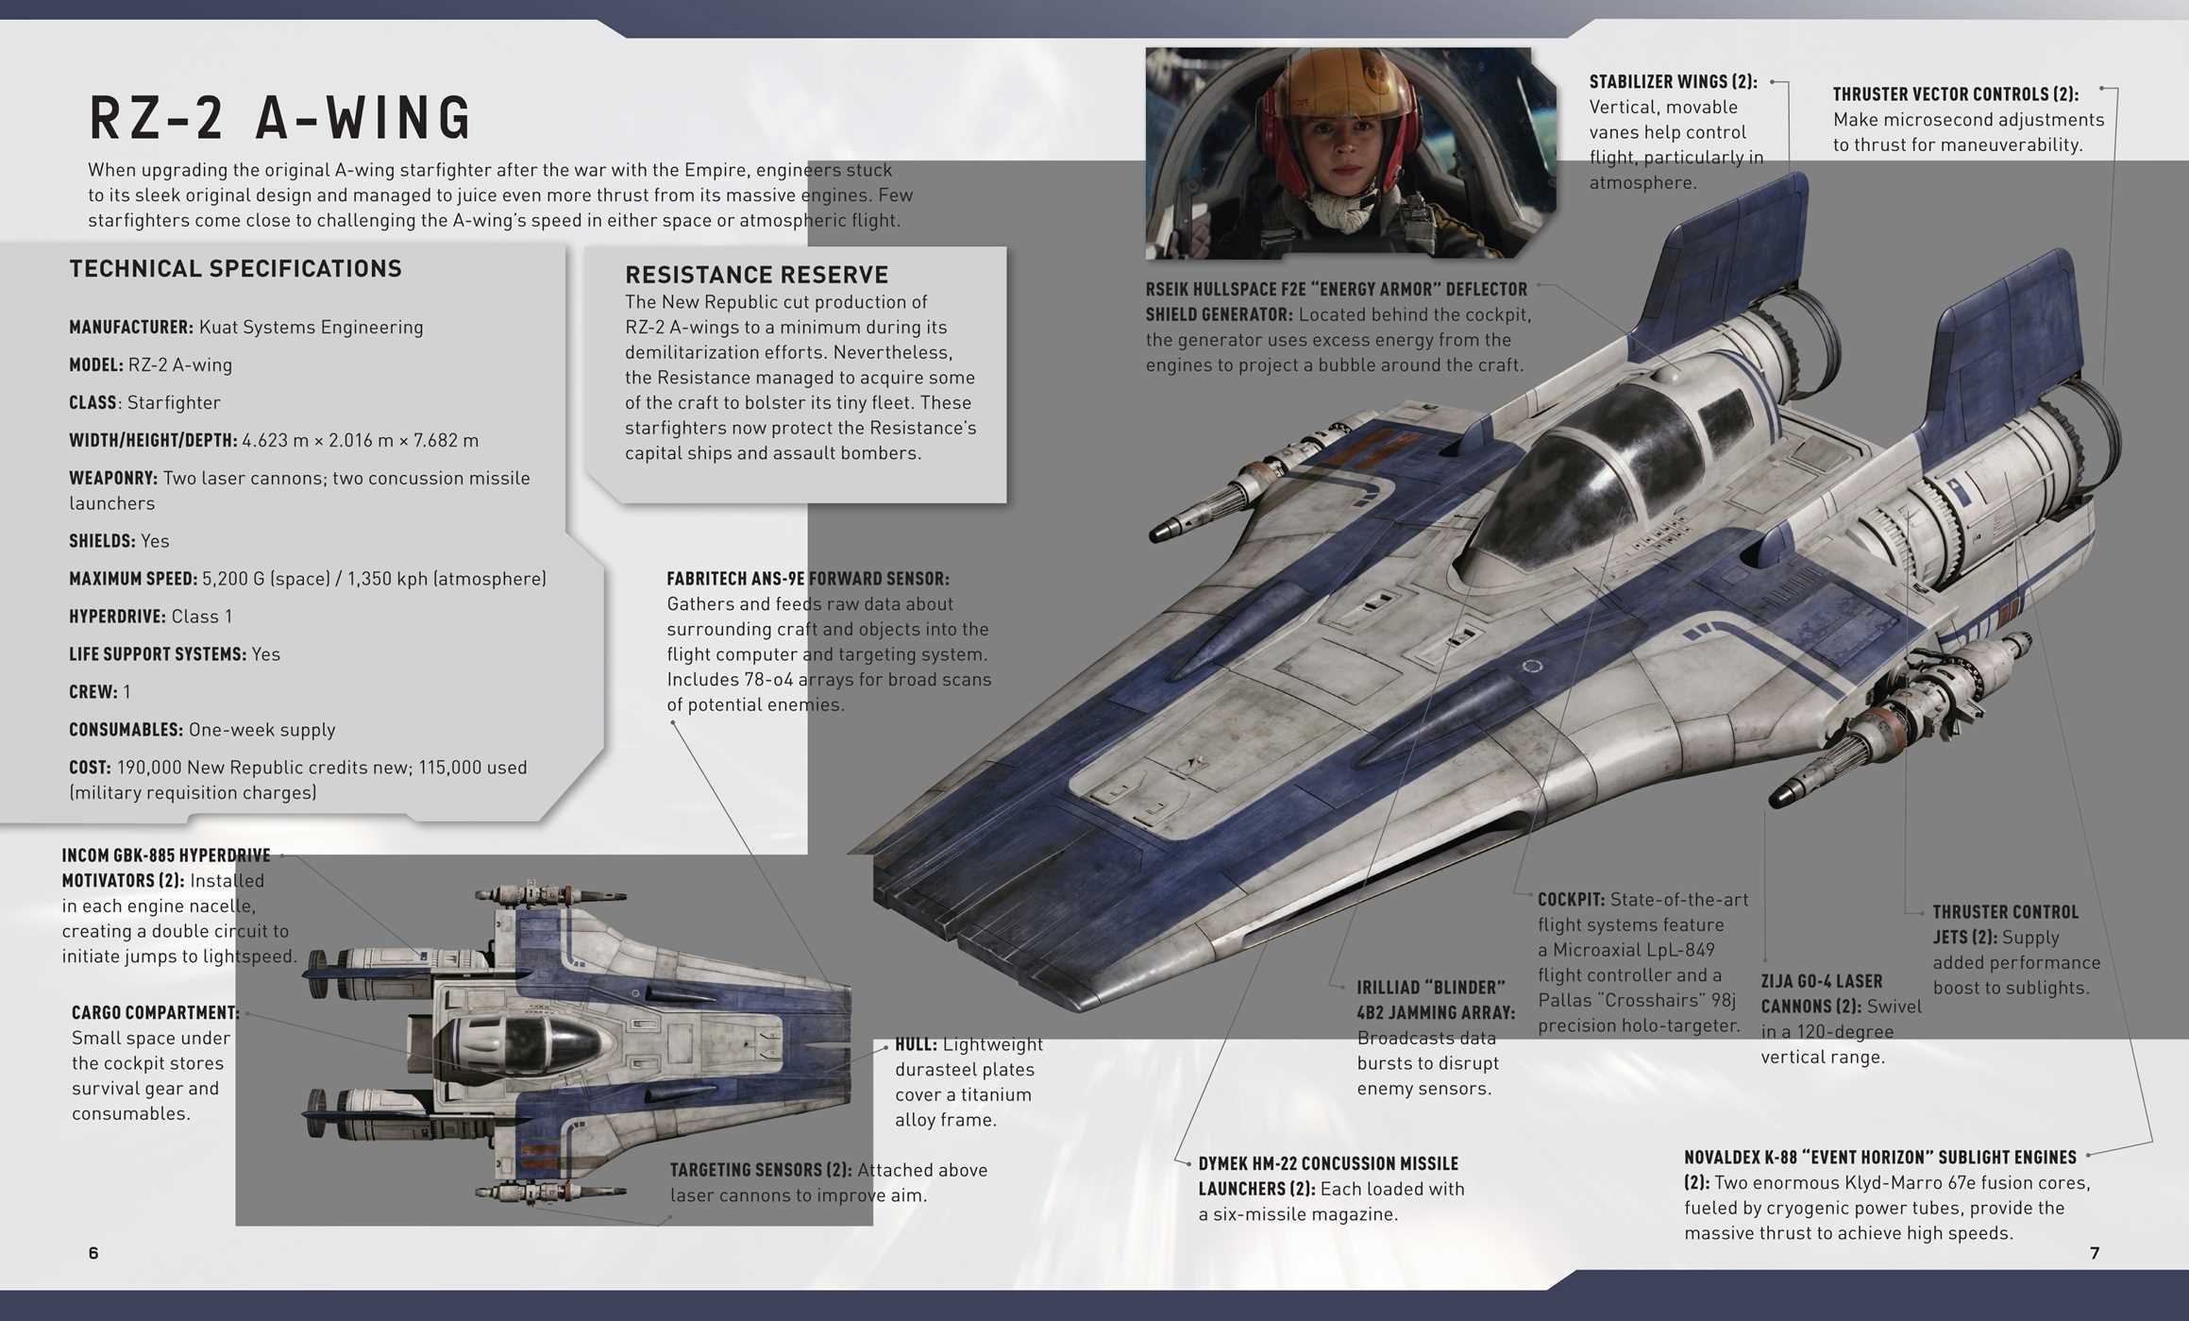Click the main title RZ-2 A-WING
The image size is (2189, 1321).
coord(279,118)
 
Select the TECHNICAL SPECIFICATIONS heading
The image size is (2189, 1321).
coord(235,269)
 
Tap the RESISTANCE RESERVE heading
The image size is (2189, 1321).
coord(756,275)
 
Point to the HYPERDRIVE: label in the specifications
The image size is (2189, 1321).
coord(117,617)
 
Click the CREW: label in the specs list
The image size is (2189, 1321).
coord(93,692)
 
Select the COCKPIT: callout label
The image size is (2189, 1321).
coord(1571,900)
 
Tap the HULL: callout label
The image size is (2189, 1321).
coord(916,1044)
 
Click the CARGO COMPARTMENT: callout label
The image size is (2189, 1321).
coord(155,1013)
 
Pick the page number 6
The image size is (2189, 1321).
coord(93,1253)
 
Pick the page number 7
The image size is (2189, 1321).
coord(2095,1253)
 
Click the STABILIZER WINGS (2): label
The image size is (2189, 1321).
coord(1673,82)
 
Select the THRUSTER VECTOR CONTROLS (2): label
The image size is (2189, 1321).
coord(1955,94)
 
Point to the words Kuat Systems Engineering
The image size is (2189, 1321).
coord(311,328)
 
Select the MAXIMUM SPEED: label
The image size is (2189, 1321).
coord(133,579)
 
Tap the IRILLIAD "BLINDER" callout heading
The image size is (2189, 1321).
coord(1431,988)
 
